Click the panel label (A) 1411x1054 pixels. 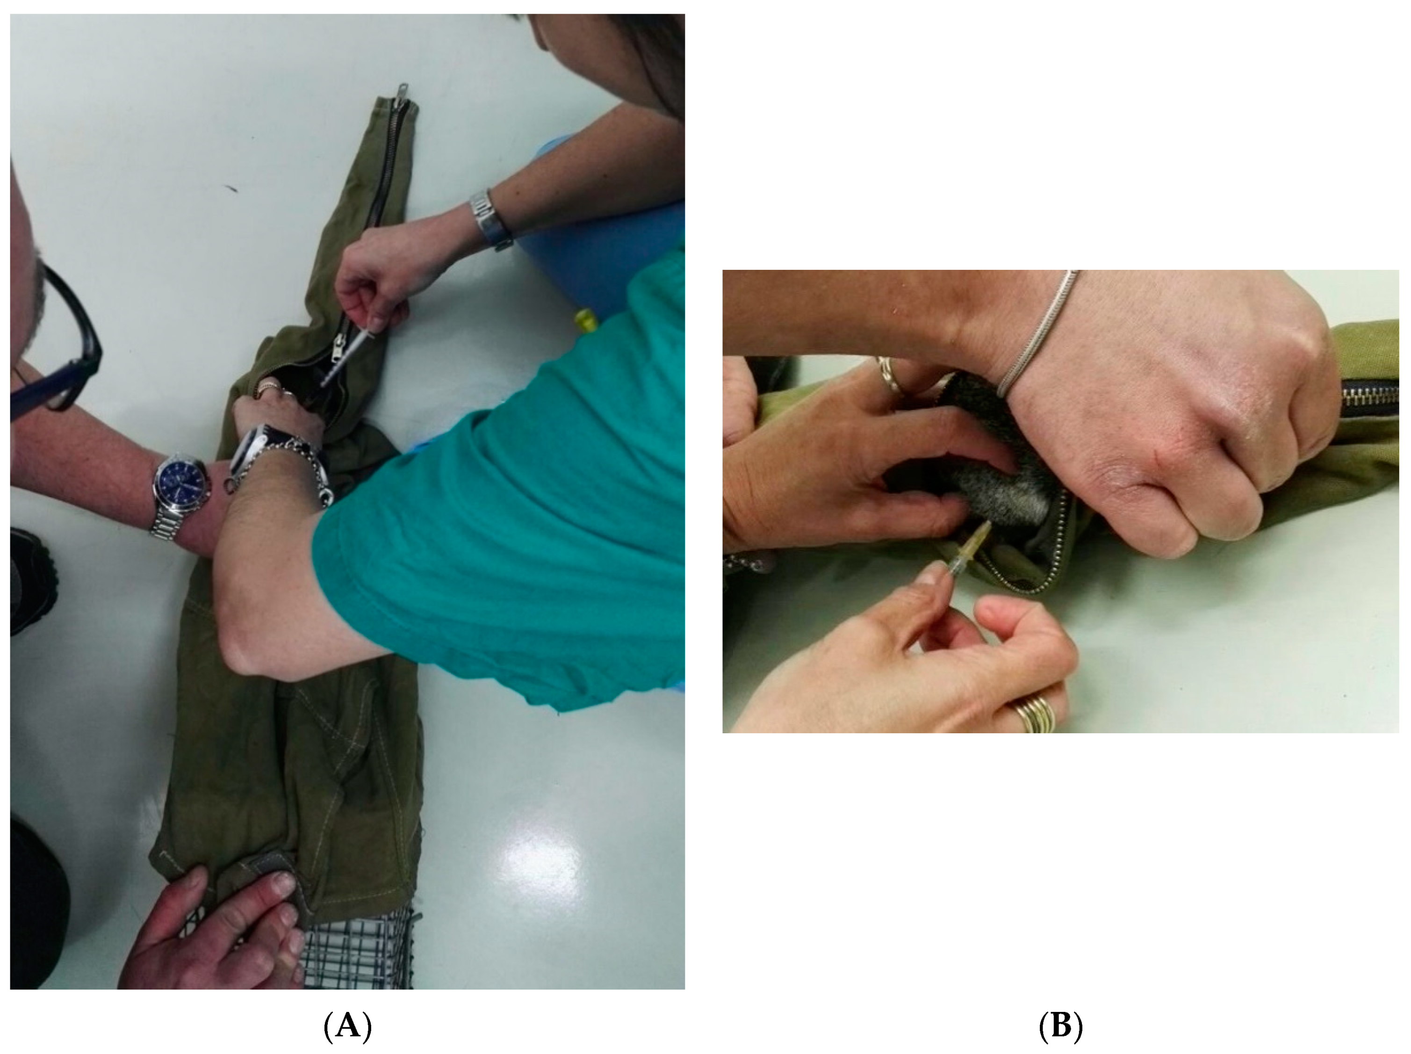pyautogui.click(x=348, y=1026)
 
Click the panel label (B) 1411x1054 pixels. pyautogui.click(x=1060, y=1026)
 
